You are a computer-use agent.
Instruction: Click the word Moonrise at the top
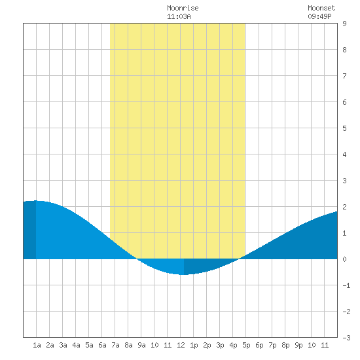pos(183,8)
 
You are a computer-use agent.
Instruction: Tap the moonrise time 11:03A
pos(179,16)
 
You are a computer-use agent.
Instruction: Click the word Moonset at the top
pos(321,8)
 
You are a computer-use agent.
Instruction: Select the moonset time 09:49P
pos(319,16)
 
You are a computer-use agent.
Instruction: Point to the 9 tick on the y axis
pos(344,24)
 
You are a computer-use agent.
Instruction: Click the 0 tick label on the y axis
pos(344,259)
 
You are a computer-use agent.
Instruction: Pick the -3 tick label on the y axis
pos(346,338)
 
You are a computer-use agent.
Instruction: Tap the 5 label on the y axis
pos(344,128)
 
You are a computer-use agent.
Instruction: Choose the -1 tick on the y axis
pos(346,285)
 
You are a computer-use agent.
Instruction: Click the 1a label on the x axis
pos(37,345)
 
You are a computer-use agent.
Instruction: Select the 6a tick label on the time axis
pos(102,345)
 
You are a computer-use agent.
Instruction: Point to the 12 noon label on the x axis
pos(181,345)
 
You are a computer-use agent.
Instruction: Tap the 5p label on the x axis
pos(246,345)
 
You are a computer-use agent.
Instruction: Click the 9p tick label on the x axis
pos(298,345)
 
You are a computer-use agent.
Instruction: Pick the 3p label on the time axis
pos(220,345)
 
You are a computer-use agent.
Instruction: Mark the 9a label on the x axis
pos(141,345)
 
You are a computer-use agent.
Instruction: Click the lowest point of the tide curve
pos(184,275)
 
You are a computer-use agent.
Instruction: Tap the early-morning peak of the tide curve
pos(36,201)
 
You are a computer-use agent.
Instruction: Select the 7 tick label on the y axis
pos(344,76)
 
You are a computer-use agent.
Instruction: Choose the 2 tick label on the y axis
pos(344,207)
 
